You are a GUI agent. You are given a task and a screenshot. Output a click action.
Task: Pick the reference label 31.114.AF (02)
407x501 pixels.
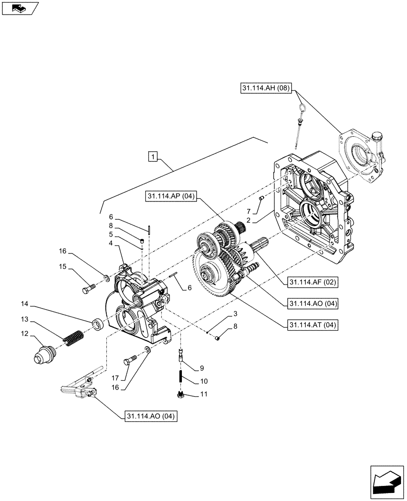[x=311, y=283]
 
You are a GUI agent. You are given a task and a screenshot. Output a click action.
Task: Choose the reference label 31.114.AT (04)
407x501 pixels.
[x=311, y=325]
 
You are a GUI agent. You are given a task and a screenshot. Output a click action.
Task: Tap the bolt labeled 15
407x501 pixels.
[x=88, y=289]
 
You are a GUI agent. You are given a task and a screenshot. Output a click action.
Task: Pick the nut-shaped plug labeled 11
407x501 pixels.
[x=182, y=395]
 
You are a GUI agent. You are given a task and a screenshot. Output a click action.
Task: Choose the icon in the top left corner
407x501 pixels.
[x=20, y=8]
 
